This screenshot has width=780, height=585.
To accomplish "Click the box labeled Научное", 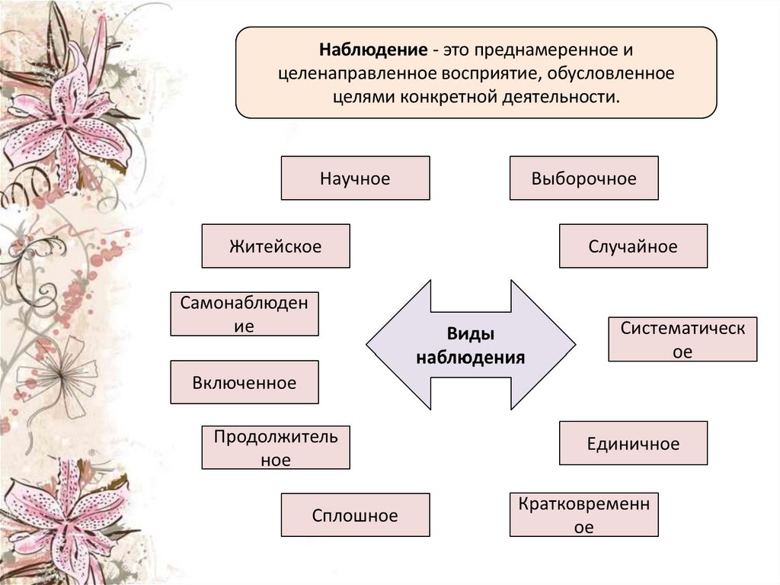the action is pyautogui.click(x=355, y=178).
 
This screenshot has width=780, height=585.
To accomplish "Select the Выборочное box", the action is pyautogui.click(x=583, y=178).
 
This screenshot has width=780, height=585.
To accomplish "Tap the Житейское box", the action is pyautogui.click(x=276, y=246).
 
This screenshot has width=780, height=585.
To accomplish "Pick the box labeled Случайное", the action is pyautogui.click(x=633, y=246).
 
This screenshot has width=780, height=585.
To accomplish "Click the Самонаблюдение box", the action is pyautogui.click(x=245, y=314).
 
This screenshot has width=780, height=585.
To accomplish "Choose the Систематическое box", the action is pyautogui.click(x=682, y=339).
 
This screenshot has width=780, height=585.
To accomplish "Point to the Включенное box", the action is pyautogui.click(x=245, y=382).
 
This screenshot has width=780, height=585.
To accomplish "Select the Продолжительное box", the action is pyautogui.click(x=276, y=448).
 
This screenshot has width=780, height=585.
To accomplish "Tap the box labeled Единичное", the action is pyautogui.click(x=633, y=443).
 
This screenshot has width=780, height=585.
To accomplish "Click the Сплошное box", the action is pyautogui.click(x=355, y=515).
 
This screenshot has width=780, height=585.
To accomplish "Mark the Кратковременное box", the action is pyautogui.click(x=583, y=515).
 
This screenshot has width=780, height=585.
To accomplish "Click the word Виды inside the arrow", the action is pyautogui.click(x=471, y=334).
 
